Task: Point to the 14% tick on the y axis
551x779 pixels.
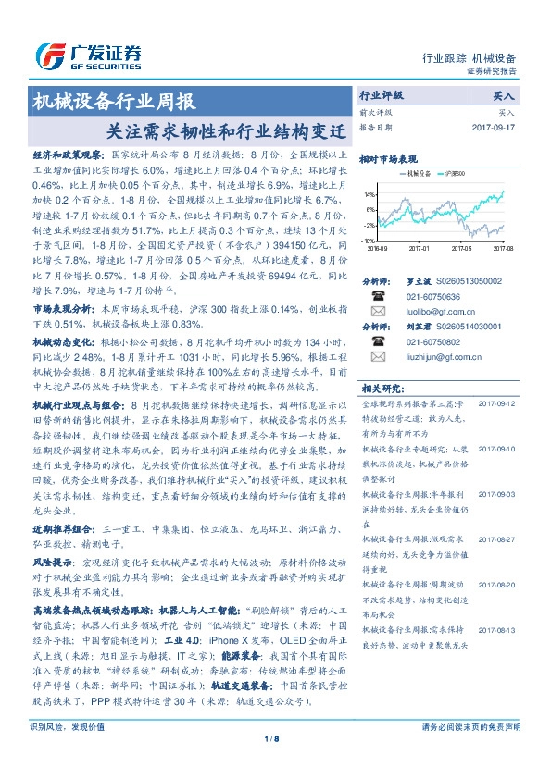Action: (x=369, y=195)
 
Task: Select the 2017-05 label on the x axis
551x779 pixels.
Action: (x=462, y=248)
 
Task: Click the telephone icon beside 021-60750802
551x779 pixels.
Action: (x=378, y=341)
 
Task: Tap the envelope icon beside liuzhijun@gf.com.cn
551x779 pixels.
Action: (x=378, y=357)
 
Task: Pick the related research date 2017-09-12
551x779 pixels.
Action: (x=498, y=404)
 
